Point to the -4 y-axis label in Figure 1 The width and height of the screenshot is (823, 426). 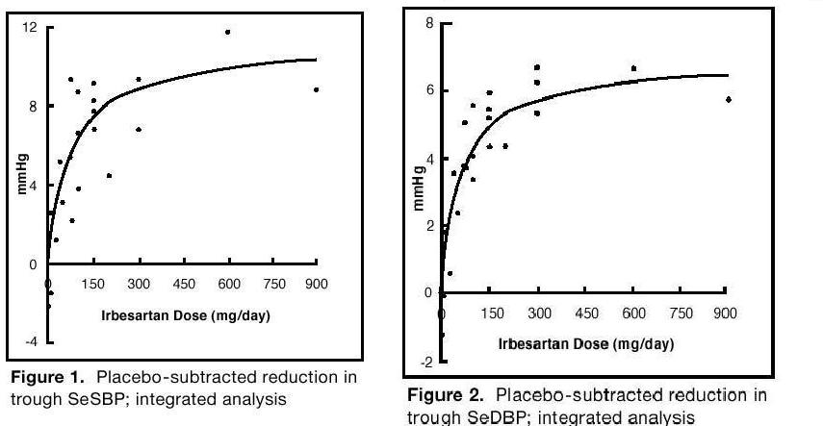pyautogui.click(x=31, y=341)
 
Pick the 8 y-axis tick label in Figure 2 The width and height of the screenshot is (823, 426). pyautogui.click(x=430, y=23)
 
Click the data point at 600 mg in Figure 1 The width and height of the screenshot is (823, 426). pyautogui.click(x=228, y=32)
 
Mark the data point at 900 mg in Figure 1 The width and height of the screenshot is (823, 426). pyautogui.click(x=316, y=89)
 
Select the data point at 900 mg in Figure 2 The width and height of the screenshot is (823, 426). pyautogui.click(x=729, y=99)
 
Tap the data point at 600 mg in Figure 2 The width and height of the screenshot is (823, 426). pyautogui.click(x=633, y=68)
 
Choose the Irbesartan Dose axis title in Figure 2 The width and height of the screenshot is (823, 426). pyautogui.click(x=585, y=342)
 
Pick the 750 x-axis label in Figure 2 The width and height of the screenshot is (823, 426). pyautogui.click(x=680, y=313)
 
